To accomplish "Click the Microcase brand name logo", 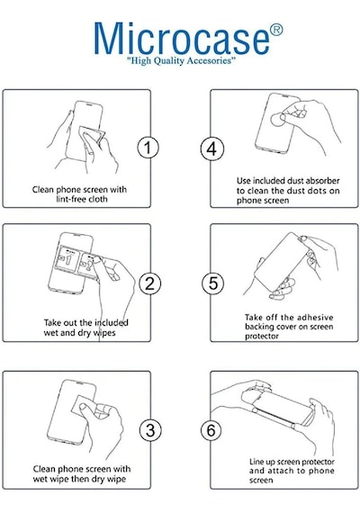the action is (182, 39).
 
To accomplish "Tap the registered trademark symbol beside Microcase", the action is (276, 30).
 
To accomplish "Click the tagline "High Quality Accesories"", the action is (181, 60).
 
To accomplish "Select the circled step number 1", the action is (148, 148).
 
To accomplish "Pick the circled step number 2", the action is (149, 283).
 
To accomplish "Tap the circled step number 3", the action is (150, 430).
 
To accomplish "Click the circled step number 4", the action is (212, 149).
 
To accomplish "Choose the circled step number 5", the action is (212, 283).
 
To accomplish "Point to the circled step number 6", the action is (211, 430).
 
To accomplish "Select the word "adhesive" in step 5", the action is (315, 318).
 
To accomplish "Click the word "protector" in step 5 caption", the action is (262, 337).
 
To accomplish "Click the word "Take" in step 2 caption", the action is (52, 322).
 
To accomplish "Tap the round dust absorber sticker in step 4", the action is (278, 120).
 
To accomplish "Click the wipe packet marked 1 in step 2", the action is (67, 259).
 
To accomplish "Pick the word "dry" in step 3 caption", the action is (96, 480).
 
